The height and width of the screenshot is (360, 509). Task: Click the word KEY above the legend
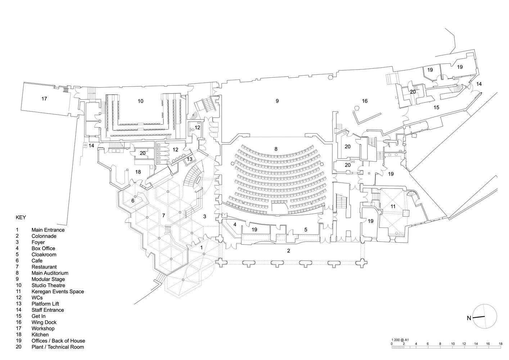[x=21, y=217]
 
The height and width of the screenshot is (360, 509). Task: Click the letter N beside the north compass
[x=469, y=318]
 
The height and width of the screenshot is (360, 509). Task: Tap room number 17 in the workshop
[x=44, y=99]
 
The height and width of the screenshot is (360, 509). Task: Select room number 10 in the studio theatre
[x=140, y=101]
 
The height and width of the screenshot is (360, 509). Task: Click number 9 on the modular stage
[x=277, y=101]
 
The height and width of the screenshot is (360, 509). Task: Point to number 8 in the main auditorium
[x=276, y=149]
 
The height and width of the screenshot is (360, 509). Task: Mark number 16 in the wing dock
[x=365, y=101]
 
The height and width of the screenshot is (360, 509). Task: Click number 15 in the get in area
[x=436, y=107]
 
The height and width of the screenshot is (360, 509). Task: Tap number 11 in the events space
[x=393, y=206]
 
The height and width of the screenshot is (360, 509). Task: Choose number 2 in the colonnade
[x=289, y=251]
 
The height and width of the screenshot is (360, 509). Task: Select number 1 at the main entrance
[x=202, y=248]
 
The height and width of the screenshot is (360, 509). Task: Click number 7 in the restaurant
[x=163, y=215]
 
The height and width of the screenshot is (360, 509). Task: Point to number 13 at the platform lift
[x=189, y=159]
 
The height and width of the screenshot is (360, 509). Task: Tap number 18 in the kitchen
[x=138, y=172]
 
